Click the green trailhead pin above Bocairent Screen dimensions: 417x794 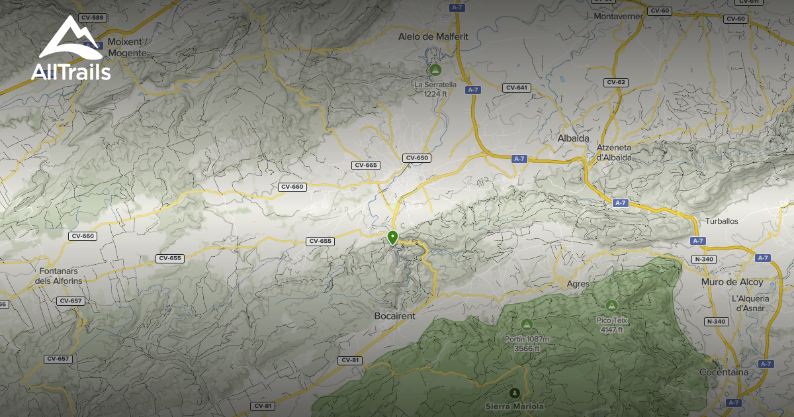(392, 238)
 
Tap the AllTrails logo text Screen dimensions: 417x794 (71, 72)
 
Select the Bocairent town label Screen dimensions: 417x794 (394, 316)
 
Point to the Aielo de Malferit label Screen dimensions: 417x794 (433, 37)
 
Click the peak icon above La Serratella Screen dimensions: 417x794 (435, 69)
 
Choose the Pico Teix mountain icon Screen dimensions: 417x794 (611, 305)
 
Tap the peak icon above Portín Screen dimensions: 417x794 (527, 324)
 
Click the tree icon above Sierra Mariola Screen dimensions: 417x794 (515, 392)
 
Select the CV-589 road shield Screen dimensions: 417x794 (92, 18)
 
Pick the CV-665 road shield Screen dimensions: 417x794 (365, 165)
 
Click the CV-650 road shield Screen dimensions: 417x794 (418, 158)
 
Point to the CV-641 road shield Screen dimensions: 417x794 (516, 88)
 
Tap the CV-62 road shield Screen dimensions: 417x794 (615, 82)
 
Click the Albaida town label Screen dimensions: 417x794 (574, 138)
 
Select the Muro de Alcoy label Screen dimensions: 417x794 (732, 282)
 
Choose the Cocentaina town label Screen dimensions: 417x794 (725, 372)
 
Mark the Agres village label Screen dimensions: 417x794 (578, 284)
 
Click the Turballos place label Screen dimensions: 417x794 (721, 221)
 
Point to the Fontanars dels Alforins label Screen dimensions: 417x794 (60, 275)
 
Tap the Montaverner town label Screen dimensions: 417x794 (619, 16)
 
